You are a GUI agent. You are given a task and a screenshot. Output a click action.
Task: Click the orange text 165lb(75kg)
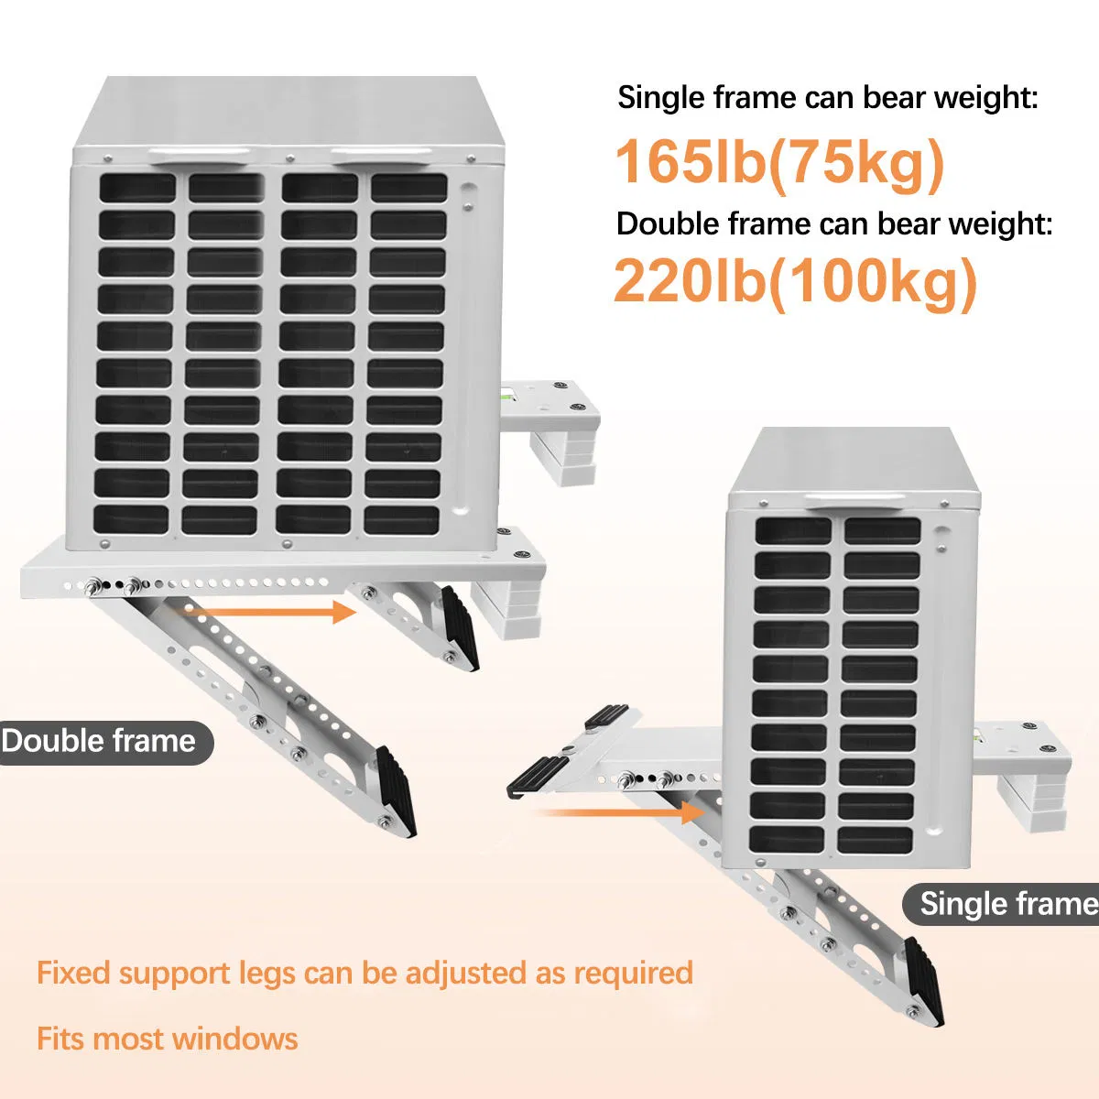click(780, 163)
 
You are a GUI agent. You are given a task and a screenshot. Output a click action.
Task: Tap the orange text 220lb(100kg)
click(796, 282)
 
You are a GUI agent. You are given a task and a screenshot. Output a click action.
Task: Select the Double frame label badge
click(106, 742)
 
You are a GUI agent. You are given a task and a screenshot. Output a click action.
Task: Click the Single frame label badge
click(1001, 904)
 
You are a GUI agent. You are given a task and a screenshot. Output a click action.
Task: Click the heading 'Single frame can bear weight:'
click(828, 97)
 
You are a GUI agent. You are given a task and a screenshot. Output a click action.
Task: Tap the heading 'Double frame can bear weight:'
click(834, 223)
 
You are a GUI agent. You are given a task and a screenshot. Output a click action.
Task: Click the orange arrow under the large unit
click(269, 612)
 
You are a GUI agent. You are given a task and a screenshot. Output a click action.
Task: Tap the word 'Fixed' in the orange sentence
click(73, 973)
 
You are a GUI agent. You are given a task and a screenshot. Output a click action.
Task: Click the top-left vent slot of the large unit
click(137, 188)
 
